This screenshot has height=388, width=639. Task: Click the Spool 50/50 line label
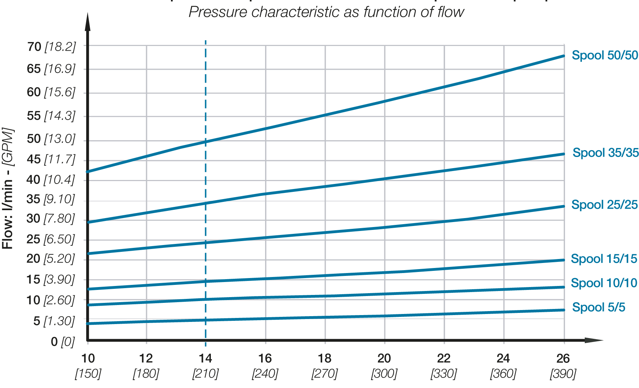click(x=605, y=55)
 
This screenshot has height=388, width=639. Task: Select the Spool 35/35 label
click(x=605, y=153)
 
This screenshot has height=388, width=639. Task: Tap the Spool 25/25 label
click(x=604, y=205)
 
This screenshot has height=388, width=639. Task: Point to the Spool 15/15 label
click(x=604, y=259)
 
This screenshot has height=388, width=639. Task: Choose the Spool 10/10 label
click(x=604, y=283)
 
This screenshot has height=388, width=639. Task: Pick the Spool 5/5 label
click(x=598, y=307)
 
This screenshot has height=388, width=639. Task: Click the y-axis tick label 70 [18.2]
click(x=51, y=47)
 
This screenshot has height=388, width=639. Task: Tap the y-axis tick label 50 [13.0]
click(x=51, y=139)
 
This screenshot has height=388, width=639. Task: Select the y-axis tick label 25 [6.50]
click(x=50, y=239)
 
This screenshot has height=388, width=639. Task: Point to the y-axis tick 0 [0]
click(x=62, y=342)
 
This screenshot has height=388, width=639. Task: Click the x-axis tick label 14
click(x=205, y=358)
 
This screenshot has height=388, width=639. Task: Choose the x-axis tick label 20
click(x=384, y=358)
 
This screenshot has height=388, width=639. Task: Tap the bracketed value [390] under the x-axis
click(x=563, y=374)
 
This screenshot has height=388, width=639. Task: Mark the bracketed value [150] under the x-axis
click(x=88, y=374)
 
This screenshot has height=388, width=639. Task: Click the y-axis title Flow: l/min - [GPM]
click(x=8, y=188)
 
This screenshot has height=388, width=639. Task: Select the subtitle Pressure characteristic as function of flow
click(x=326, y=12)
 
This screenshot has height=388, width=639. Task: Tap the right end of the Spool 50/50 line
click(x=564, y=56)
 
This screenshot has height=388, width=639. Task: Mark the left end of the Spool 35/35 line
click(x=89, y=222)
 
